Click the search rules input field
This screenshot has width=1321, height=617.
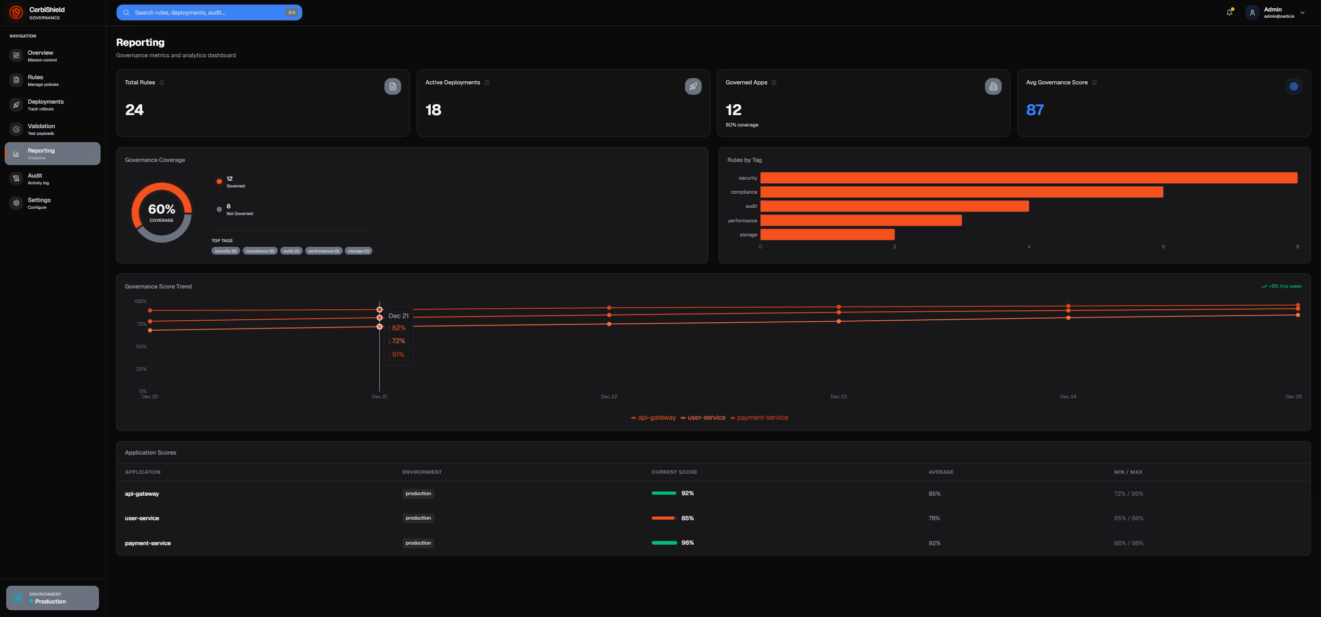click(x=208, y=12)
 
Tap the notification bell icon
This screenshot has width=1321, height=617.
click(x=1229, y=12)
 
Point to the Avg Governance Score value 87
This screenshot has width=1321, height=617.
click(x=1035, y=110)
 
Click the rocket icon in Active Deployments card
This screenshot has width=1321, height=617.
click(x=693, y=86)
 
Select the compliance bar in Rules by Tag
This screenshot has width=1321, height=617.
click(x=961, y=192)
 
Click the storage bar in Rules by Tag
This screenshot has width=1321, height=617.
click(x=827, y=235)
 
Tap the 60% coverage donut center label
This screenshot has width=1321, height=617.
click(x=161, y=212)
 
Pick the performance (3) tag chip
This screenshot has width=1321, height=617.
click(x=323, y=251)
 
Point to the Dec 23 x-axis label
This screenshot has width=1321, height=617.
click(x=838, y=397)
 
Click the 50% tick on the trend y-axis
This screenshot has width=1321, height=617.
click(x=141, y=347)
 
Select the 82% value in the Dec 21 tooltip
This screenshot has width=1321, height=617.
click(x=398, y=328)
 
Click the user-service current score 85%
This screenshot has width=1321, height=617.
click(x=687, y=518)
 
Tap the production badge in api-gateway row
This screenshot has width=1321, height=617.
click(x=418, y=494)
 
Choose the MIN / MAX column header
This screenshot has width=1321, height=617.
click(x=1128, y=472)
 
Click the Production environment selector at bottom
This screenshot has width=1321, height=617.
click(x=52, y=598)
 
